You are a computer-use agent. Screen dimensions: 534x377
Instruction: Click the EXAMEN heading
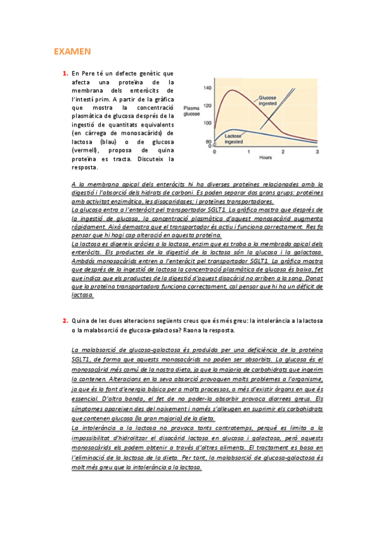[x=72, y=50]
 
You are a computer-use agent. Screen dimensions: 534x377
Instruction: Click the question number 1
[x=65, y=74]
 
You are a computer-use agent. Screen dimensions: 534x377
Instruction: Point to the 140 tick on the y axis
[x=208, y=88]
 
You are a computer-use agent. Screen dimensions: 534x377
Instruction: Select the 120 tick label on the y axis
[x=208, y=106]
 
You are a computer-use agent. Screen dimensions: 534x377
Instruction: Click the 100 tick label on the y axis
[x=208, y=123]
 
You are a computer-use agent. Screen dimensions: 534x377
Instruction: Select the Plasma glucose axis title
[x=191, y=111]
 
